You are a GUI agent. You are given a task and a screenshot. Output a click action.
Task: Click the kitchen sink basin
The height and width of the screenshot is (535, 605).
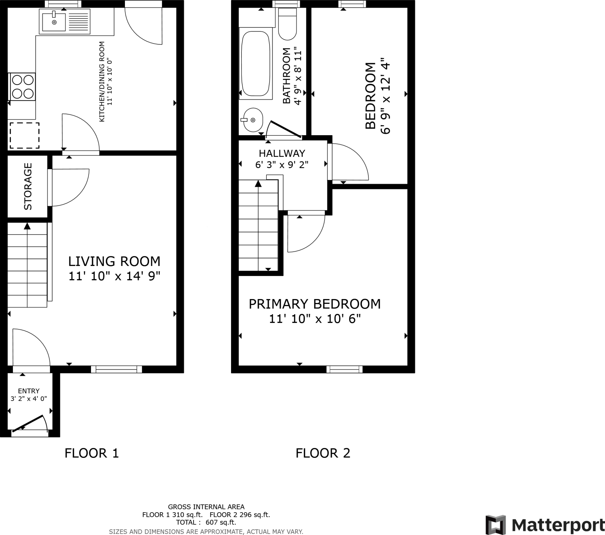tap(54, 22)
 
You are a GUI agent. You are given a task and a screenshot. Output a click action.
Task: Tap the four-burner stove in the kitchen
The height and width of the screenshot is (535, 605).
tap(22, 87)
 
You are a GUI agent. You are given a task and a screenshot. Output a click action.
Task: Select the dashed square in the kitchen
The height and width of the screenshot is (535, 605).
tap(25, 136)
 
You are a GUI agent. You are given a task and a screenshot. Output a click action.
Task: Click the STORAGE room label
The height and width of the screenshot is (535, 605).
tap(28, 186)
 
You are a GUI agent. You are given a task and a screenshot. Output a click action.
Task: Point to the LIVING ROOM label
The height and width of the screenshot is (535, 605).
tap(114, 262)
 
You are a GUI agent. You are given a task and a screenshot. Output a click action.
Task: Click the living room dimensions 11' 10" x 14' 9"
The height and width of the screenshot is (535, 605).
tap(114, 276)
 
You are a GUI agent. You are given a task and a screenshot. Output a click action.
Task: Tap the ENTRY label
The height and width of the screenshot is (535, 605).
tap(29, 391)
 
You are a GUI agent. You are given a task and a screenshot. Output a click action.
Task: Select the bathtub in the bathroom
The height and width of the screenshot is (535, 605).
tap(256, 63)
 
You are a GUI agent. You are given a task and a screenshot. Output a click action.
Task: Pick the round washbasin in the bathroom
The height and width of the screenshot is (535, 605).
tap(253, 120)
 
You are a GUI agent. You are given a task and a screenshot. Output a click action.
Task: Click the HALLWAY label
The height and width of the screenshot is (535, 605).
tap(282, 153)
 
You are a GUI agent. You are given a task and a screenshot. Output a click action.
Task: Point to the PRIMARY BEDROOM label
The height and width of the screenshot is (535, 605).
tap(315, 304)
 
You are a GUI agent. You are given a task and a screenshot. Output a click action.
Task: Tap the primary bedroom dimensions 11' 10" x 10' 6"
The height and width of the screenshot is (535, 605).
tap(315, 319)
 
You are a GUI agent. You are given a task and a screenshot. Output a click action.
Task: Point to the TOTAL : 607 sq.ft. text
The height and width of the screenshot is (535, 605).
tap(206, 522)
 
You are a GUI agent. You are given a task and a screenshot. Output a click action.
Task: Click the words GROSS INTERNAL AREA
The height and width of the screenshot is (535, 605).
tap(206, 507)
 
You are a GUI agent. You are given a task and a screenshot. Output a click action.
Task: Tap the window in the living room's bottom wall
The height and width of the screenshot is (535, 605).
tap(116, 369)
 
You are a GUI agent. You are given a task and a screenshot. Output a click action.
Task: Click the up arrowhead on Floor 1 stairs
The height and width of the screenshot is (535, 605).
tap(27, 226)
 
